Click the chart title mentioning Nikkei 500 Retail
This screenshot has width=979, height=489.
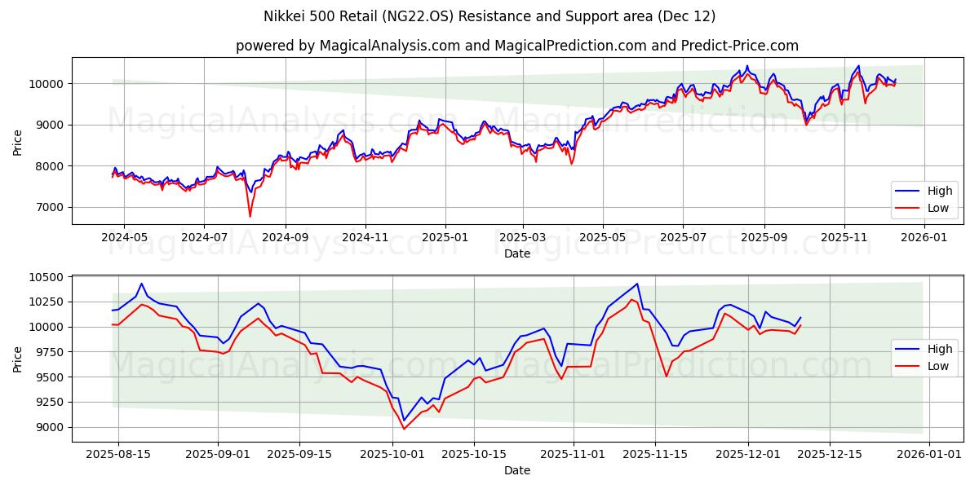click(x=489, y=16)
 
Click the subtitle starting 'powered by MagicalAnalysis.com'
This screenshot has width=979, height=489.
click(x=517, y=46)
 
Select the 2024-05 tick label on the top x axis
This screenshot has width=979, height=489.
click(x=124, y=237)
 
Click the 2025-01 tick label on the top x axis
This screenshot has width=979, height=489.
click(x=445, y=237)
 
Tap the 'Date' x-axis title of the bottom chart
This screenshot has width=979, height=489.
click(x=517, y=470)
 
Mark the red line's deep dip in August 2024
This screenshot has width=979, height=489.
click(x=250, y=216)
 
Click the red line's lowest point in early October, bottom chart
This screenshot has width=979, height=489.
click(x=403, y=429)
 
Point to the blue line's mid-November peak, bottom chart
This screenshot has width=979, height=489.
click(x=637, y=284)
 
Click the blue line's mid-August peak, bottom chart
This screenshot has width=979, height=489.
click(x=141, y=284)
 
